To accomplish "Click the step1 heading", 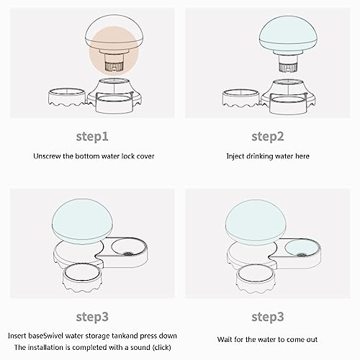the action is click(92, 137).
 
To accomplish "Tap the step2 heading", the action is click(268, 137).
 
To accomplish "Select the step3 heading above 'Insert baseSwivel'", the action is click(92, 317).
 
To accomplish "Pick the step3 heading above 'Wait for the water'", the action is click(268, 317).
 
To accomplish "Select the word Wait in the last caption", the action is click(225, 340).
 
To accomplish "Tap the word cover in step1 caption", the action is click(145, 156).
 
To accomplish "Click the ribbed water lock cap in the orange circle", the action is click(114, 66).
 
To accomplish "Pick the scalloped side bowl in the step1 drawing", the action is click(67, 98).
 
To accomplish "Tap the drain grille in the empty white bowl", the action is click(127, 253).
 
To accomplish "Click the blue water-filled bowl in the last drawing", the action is click(301, 248).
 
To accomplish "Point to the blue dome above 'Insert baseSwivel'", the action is click(82, 221).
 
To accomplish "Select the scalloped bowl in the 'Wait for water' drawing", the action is click(256, 278).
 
